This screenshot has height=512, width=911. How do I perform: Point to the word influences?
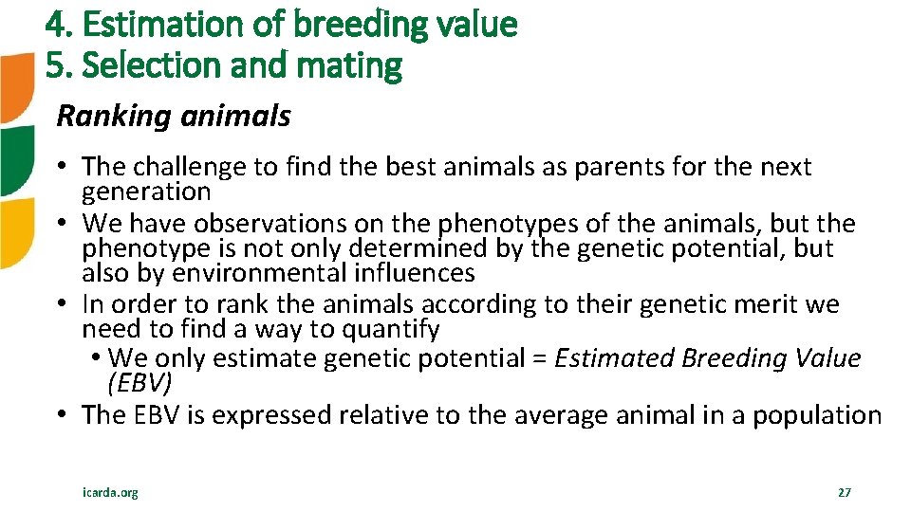coord(418,274)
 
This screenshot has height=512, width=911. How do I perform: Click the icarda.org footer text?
coord(109,493)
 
